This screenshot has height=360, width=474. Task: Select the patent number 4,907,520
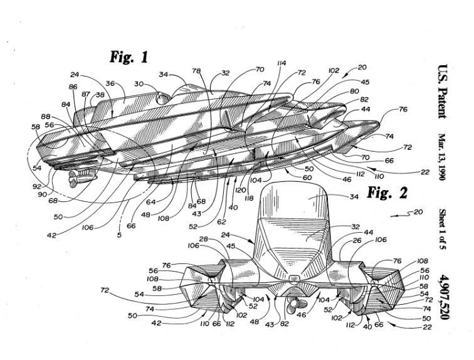coord(445,297)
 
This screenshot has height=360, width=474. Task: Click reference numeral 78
coord(197,71)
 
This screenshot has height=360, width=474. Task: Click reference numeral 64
coord(150,202)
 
